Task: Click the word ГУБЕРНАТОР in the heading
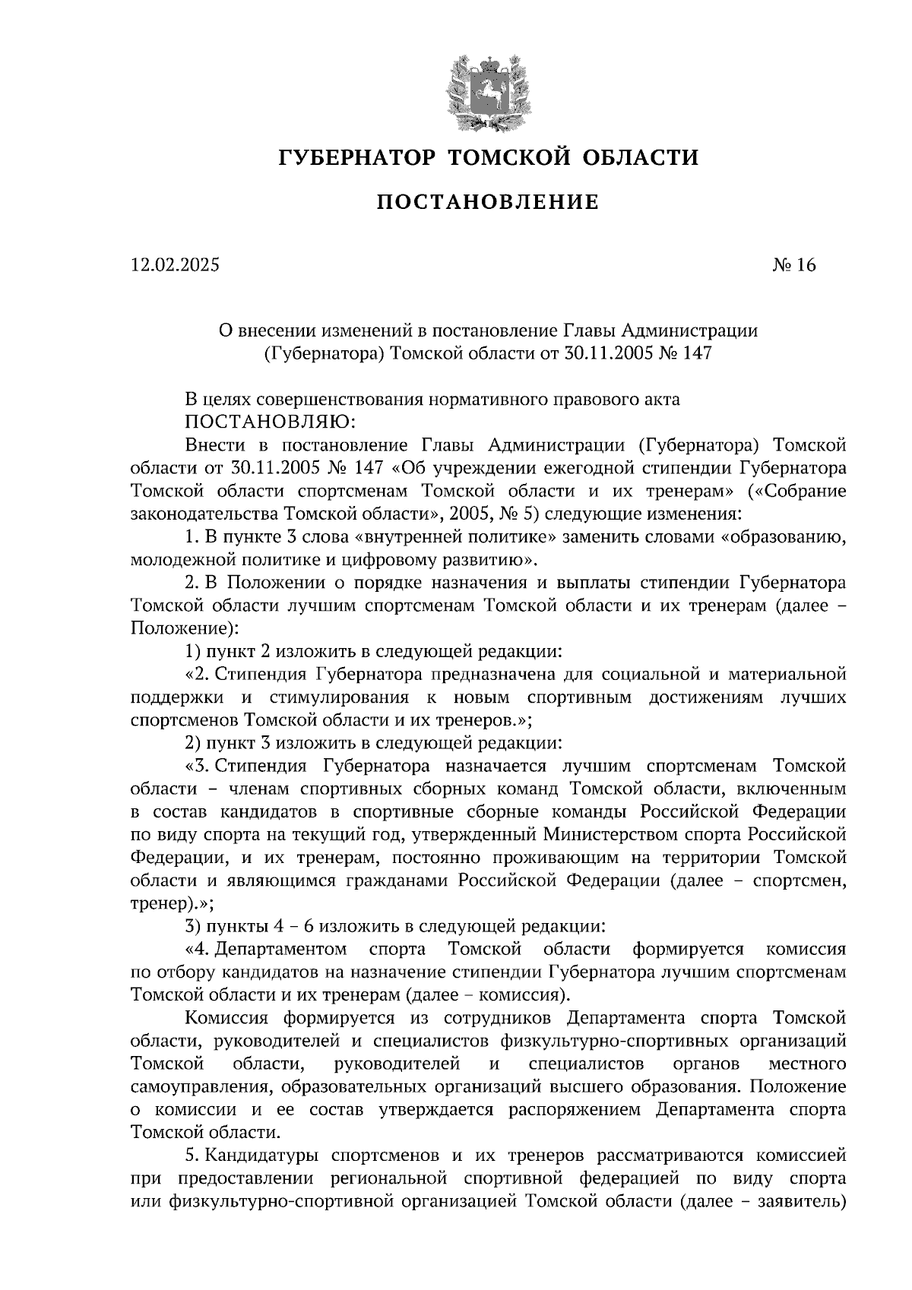coord(356,158)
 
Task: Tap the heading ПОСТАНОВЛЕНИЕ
coord(488,202)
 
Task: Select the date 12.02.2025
coord(174,265)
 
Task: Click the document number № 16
coord(793,265)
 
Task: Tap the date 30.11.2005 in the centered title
coord(608,353)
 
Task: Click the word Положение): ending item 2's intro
coord(185,629)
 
